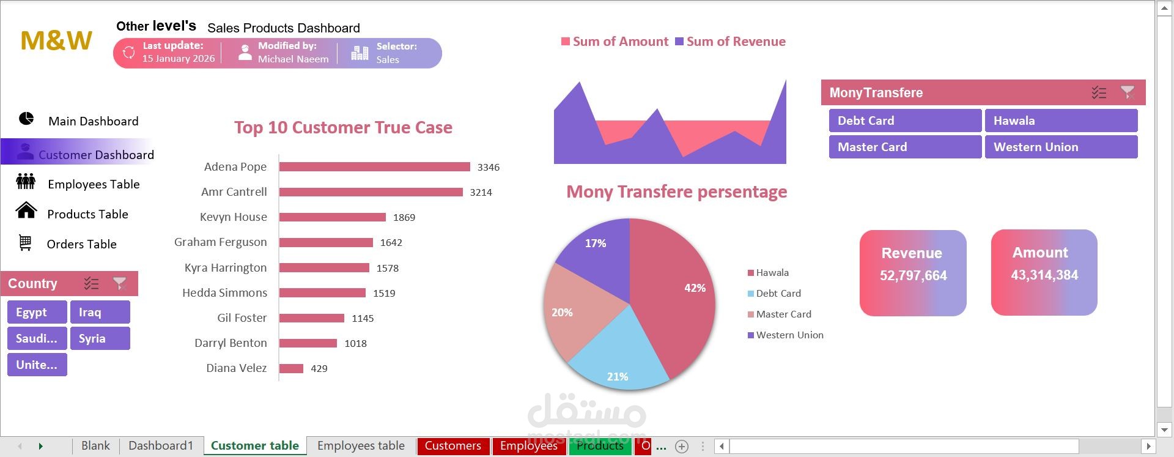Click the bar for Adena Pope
[x=375, y=167]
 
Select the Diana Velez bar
[x=291, y=368]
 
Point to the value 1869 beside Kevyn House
[x=404, y=217]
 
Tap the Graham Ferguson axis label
[x=221, y=242]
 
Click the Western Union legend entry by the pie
[x=786, y=335]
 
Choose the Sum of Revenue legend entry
[x=730, y=42]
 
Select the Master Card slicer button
[x=905, y=147]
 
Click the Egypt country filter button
[x=37, y=312]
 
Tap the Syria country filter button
[x=100, y=338]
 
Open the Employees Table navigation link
[x=94, y=184]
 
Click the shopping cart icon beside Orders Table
[x=25, y=243]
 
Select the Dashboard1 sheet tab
[x=161, y=446]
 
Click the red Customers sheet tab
[x=453, y=446]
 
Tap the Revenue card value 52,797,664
[x=914, y=276]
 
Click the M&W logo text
[x=56, y=40]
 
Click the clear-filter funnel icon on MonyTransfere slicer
[x=1128, y=92]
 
